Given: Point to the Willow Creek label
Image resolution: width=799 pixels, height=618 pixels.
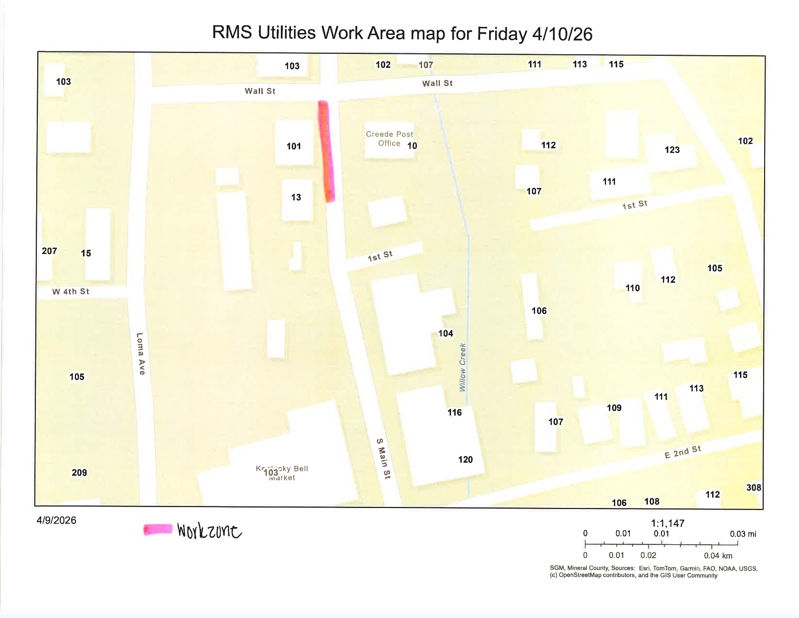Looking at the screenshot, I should point(462,367).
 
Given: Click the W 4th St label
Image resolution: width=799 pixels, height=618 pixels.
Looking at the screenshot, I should point(71,291).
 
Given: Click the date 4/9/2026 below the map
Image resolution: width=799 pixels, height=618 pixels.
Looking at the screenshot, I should point(56,520).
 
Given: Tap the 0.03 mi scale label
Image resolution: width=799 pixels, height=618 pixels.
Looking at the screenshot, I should point(743,534).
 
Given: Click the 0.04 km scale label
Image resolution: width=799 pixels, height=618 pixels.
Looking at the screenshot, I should point(718,556).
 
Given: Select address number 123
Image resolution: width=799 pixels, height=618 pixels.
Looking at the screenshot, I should point(672,150).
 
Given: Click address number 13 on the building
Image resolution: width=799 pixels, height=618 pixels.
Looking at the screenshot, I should point(296,197).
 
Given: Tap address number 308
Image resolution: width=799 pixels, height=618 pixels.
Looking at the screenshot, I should point(754,487).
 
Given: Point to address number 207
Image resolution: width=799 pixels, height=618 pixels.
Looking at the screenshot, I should point(49,251).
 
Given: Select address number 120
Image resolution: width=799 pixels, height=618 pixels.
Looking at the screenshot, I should point(465,460).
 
